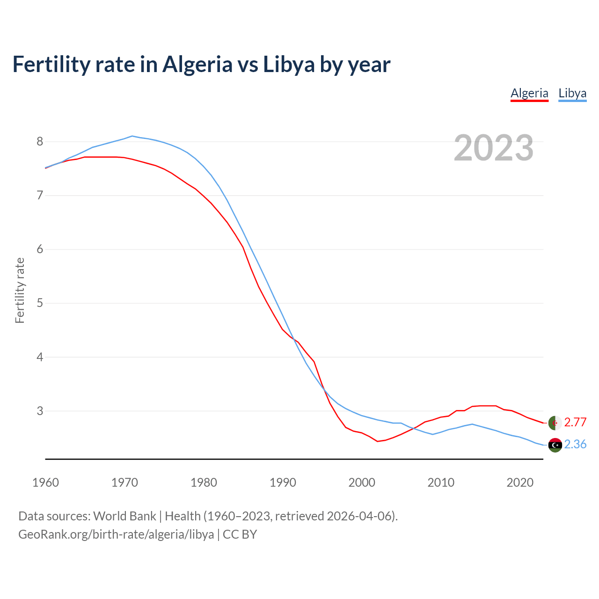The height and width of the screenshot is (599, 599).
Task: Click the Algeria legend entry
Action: click(529, 93)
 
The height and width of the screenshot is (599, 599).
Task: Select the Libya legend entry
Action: click(572, 93)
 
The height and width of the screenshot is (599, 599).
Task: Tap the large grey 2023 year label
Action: click(493, 148)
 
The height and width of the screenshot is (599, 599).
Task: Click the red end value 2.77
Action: click(575, 422)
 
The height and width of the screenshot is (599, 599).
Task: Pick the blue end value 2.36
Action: click(575, 444)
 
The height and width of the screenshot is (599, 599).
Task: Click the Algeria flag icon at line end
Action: click(555, 423)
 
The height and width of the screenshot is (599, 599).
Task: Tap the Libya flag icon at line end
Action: click(555, 445)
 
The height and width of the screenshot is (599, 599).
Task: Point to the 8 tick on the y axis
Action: click(40, 141)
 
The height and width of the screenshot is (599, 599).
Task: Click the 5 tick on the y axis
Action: click(40, 303)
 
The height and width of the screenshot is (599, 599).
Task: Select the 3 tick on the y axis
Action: click(40, 411)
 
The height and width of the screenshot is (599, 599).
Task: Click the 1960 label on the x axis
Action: click(45, 482)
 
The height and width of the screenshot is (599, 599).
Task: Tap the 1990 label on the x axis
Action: click(283, 482)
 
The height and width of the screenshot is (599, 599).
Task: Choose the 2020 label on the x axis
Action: click(520, 482)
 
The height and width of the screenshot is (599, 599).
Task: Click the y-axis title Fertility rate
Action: click(20, 290)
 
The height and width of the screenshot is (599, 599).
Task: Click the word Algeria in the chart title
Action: click(197, 64)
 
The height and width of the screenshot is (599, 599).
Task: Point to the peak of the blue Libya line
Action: click(132, 136)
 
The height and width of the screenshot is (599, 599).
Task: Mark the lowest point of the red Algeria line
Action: click(377, 441)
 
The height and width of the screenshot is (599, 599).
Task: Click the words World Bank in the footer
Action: click(124, 516)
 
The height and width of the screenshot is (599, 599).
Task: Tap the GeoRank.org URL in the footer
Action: click(116, 534)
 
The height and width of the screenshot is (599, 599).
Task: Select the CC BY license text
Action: click(240, 534)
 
